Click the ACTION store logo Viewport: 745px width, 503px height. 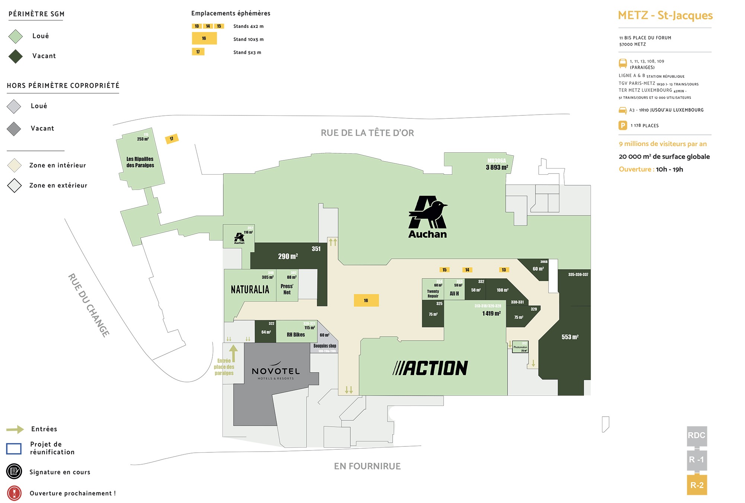pos(430,368)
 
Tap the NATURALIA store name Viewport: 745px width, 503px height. pos(250,289)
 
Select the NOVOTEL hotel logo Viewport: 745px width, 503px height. pos(276,371)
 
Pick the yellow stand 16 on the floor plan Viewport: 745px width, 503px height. pos(366,300)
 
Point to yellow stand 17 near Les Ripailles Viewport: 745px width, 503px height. pos(172,139)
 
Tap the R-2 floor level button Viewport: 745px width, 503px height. pos(697,485)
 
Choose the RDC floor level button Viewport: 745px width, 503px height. pos(697,435)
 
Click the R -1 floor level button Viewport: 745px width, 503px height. pos(697,460)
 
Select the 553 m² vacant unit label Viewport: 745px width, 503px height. pos(570,337)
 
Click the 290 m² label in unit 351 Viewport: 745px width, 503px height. pos(288,256)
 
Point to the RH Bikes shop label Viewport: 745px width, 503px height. pos(296,335)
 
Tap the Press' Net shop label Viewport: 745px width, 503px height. pos(287,289)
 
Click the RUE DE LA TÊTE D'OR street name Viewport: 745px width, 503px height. pos(367,133)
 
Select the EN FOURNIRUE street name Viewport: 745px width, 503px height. pos(367,466)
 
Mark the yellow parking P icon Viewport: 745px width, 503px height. pos(623,125)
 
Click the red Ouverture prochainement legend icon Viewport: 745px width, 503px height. pos(14,493)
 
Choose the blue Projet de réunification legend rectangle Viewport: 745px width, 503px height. pos(14,448)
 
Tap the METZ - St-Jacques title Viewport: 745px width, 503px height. pos(665,15)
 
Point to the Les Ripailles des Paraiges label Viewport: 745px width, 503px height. pos(140,162)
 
